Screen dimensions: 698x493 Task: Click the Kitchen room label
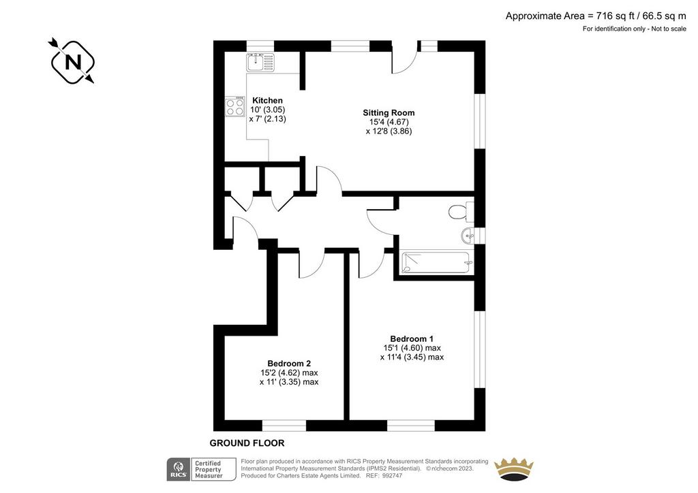[x=267, y=101]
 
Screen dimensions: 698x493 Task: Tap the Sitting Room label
[x=389, y=113]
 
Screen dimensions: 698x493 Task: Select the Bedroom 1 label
[x=412, y=338]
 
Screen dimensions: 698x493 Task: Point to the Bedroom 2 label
[x=289, y=364]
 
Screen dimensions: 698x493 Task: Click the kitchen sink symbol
[x=260, y=63]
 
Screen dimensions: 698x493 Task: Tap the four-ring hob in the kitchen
[x=235, y=107]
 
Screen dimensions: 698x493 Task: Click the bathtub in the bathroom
[x=436, y=263]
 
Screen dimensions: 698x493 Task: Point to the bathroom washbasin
[x=468, y=235]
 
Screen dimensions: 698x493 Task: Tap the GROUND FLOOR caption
[x=247, y=443]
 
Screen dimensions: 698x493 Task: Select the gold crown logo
[x=514, y=468]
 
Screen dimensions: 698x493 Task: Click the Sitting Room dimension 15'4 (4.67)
[x=389, y=122]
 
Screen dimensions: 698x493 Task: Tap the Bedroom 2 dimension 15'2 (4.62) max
[x=289, y=372]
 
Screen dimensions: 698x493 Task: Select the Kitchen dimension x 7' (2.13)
[x=267, y=118]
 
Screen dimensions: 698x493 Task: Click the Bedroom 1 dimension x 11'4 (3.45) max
[x=412, y=357]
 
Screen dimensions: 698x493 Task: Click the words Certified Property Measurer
[x=209, y=469]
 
